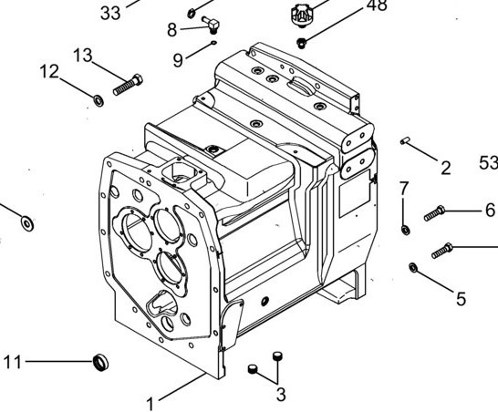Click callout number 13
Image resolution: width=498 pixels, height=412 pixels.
tap(83, 56)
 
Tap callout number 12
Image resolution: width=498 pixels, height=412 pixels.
tap(49, 71)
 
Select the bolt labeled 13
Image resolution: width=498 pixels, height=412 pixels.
tap(128, 85)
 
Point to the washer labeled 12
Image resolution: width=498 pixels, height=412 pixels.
tap(99, 100)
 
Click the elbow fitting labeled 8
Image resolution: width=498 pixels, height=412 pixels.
tap(212, 24)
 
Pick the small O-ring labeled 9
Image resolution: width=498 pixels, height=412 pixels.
tap(213, 43)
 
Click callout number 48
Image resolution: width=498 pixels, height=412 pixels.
tap(377, 5)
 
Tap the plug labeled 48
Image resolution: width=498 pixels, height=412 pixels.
tap(301, 43)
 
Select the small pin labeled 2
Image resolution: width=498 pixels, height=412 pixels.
tap(405, 140)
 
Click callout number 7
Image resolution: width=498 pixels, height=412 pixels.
tap(404, 189)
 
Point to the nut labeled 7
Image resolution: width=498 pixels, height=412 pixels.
tap(405, 230)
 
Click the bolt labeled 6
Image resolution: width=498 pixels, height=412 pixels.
tap(434, 213)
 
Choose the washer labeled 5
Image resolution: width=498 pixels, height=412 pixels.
tap(413, 267)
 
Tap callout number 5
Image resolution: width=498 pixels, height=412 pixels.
tap(461, 299)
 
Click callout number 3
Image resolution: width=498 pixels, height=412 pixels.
tap(281, 395)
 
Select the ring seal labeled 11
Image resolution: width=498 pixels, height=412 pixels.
tap(101, 362)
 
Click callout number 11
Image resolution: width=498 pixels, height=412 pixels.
tap(13, 362)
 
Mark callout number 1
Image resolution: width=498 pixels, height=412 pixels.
tap(150, 404)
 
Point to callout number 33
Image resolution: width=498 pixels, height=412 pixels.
tap(110, 14)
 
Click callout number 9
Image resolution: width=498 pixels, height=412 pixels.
tap(178, 59)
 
